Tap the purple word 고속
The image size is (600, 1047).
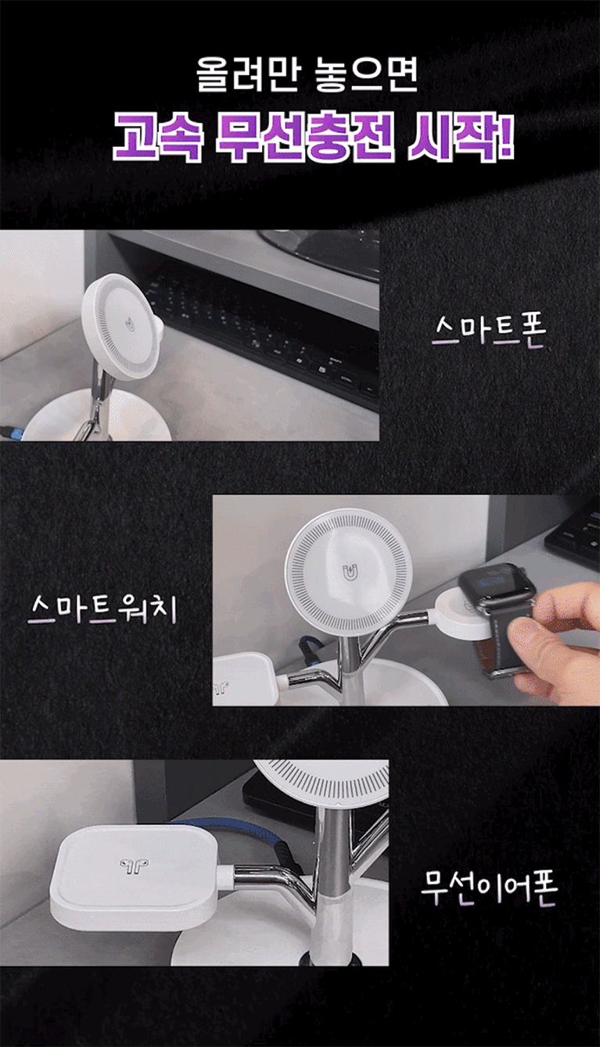[x=158, y=139]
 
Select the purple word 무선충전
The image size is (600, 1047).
[x=304, y=139]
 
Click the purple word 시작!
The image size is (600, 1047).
[x=461, y=139]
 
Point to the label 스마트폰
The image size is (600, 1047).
[x=489, y=331]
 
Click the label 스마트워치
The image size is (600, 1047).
[x=102, y=608]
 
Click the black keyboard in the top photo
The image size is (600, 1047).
[x=267, y=327]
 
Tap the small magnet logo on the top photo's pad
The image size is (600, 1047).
[x=130, y=324]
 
